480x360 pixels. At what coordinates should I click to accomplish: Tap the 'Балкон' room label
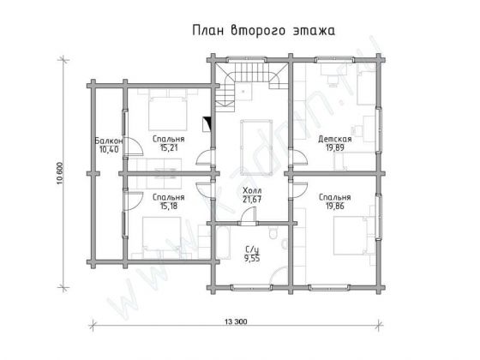click(109, 140)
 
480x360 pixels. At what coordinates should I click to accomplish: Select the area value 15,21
click(167, 147)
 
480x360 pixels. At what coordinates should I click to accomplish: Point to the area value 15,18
click(167, 206)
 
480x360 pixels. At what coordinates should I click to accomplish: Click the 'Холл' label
click(252, 190)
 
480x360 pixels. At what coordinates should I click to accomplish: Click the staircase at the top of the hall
click(249, 81)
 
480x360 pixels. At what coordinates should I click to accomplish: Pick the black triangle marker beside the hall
click(206, 123)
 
